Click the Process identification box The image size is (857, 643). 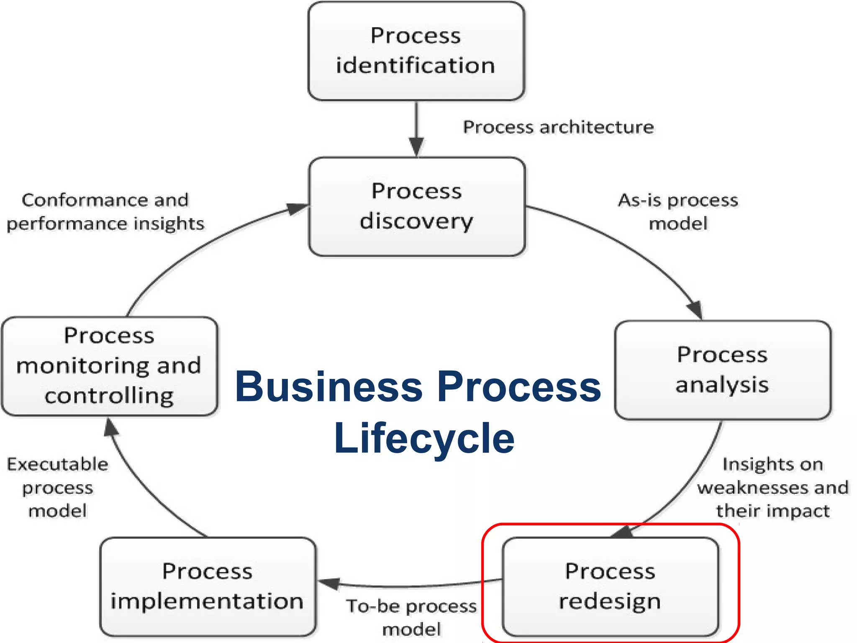tap(416, 51)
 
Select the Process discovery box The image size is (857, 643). tap(417, 206)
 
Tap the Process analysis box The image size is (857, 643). tap(723, 370)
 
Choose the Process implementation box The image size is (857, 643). tap(208, 586)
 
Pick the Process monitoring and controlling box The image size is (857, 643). tap(110, 366)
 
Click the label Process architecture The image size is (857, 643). tap(558, 127)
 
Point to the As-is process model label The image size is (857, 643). tap(678, 212)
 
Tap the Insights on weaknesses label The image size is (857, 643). tap(773, 488)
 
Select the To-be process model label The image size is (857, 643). tap(412, 617)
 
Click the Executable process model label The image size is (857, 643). tap(58, 488)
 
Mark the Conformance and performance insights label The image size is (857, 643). tap(105, 212)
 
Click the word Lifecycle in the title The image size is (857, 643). tap(424, 438)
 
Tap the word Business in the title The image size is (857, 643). tap(328, 387)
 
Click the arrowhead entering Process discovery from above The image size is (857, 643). tap(416, 147)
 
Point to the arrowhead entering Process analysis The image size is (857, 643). tap(695, 310)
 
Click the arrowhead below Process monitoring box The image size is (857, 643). tap(111, 428)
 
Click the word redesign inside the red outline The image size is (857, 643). tap(610, 602)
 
